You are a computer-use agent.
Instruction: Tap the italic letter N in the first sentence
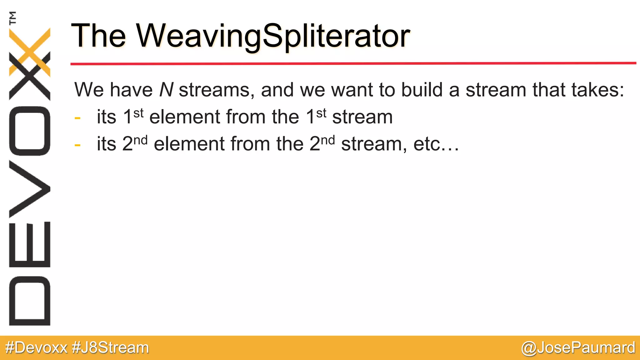[166, 90]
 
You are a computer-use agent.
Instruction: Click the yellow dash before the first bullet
[77, 118]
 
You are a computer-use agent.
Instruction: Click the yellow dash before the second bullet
[77, 145]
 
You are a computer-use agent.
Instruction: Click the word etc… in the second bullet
[436, 144]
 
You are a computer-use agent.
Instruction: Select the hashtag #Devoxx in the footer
[37, 348]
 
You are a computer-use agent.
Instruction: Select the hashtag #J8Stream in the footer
[110, 348]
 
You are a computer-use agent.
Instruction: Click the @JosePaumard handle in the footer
[578, 348]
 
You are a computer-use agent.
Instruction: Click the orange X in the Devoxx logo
[30, 52]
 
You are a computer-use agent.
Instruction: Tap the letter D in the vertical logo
[30, 301]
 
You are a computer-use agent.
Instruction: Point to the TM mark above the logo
[13, 18]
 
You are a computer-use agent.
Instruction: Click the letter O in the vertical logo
[30, 131]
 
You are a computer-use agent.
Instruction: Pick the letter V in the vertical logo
[30, 189]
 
